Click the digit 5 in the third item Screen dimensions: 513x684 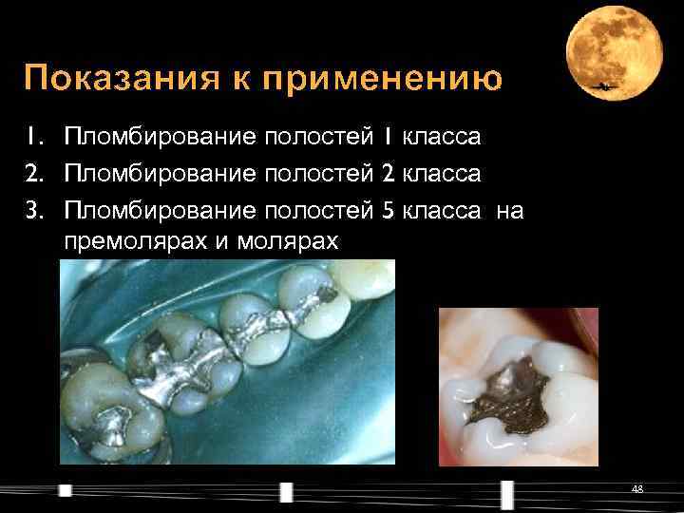pos(387,209)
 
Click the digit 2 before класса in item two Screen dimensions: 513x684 pos(387,174)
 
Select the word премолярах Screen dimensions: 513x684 pos(136,242)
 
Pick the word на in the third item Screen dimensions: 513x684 pos(509,209)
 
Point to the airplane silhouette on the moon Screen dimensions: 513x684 pos(603,88)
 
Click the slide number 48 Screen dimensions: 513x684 pos(637,488)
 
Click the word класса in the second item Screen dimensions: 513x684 pos(442,174)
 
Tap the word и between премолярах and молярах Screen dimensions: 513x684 pos(222,242)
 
